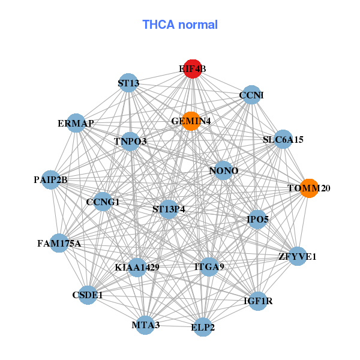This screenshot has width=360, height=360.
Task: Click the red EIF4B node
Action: [193, 69]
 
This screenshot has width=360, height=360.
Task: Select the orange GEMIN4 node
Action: [191, 121]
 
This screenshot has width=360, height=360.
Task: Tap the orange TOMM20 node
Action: [309, 188]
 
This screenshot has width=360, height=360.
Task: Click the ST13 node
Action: [128, 83]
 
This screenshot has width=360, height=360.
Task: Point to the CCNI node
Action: [251, 95]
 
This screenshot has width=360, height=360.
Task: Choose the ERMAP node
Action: [76, 123]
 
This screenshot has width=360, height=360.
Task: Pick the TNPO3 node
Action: [130, 142]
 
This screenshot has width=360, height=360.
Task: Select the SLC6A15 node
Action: [283, 139]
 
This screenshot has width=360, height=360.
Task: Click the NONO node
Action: [223, 170]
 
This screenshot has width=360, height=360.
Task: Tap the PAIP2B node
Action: [51, 180]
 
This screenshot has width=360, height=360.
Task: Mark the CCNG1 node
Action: [103, 202]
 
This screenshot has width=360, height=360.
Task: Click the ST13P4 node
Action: [169, 209]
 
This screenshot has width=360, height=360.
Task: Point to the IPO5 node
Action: [257, 220]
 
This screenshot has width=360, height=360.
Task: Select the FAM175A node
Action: [59, 243]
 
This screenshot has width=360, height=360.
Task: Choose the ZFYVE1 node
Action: [298, 256]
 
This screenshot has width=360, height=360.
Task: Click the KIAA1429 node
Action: [137, 268]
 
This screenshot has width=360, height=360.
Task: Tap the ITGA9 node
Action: [209, 267]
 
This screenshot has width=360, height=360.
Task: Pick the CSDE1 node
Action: [88, 295]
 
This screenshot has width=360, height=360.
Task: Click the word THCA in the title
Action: [158, 25]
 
